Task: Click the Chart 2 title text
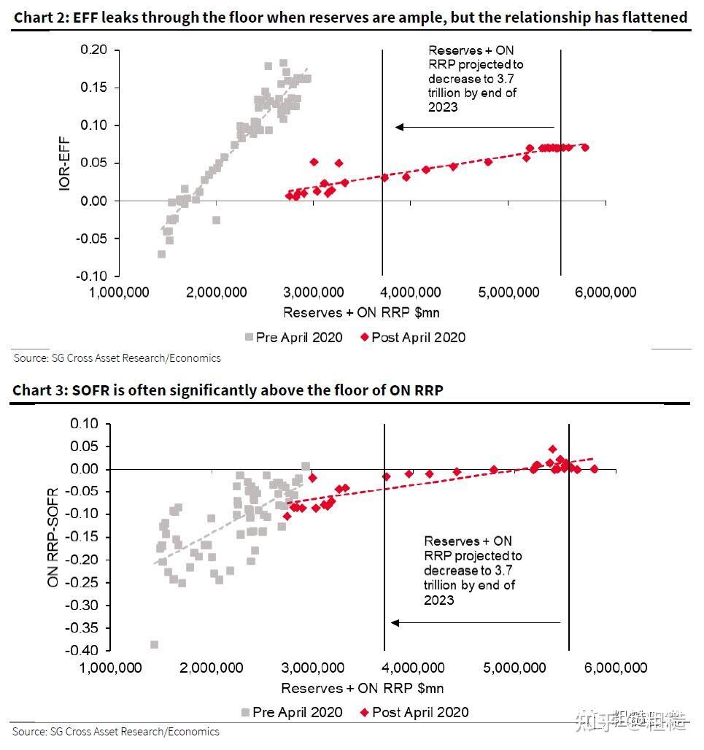click(350, 17)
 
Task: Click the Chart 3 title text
click(228, 390)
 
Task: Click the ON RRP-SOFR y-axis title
click(53, 536)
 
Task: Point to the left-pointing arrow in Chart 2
click(474, 127)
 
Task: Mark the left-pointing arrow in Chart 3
click(474, 622)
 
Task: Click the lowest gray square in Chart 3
click(154, 645)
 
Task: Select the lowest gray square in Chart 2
click(161, 254)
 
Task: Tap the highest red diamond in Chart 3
click(552, 449)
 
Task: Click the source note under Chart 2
click(117, 358)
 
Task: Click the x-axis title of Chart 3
click(362, 688)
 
